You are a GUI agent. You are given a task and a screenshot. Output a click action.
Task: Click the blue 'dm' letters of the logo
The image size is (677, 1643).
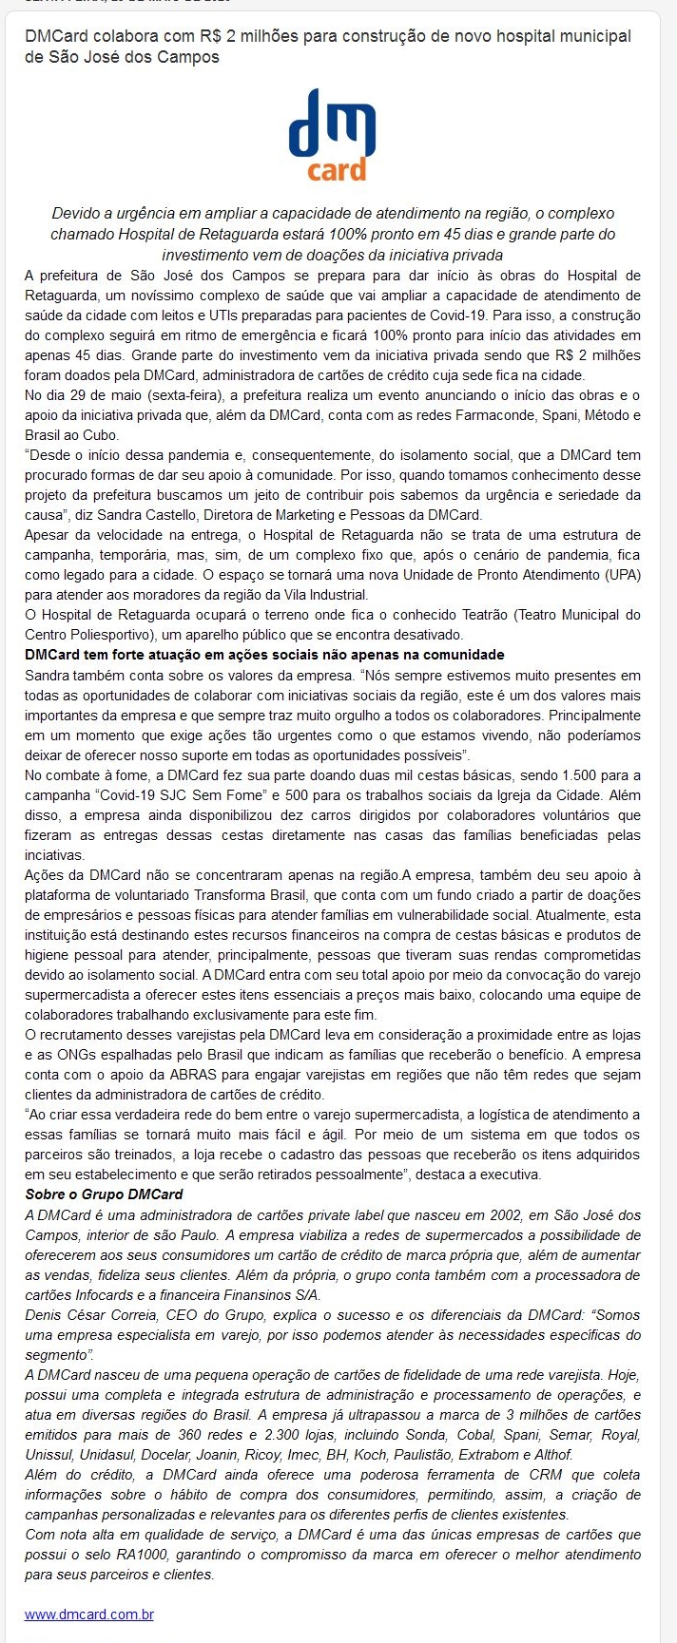(332, 124)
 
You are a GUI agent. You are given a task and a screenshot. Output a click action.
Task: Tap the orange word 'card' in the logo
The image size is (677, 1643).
(337, 170)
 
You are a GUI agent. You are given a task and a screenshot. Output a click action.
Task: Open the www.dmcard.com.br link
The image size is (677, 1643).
(89, 1614)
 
